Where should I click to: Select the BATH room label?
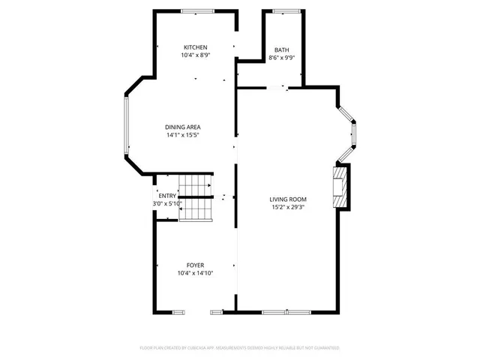pyautogui.click(x=281, y=50)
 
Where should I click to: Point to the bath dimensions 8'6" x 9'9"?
pyautogui.click(x=281, y=58)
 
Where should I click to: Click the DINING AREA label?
pyautogui.click(x=183, y=127)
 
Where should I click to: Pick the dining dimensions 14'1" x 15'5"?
pyautogui.click(x=183, y=136)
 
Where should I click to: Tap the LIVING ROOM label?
pyautogui.click(x=289, y=199)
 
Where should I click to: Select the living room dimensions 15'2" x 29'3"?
pyautogui.click(x=289, y=208)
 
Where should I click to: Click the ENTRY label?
pyautogui.click(x=167, y=196)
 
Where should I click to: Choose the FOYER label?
pyautogui.click(x=195, y=265)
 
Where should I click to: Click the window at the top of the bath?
pyautogui.click(x=285, y=11)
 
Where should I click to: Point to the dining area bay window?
pyautogui.click(x=127, y=127)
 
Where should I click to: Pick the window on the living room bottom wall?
pyautogui.click(x=286, y=310)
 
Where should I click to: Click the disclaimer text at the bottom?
pyautogui.click(x=240, y=348)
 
